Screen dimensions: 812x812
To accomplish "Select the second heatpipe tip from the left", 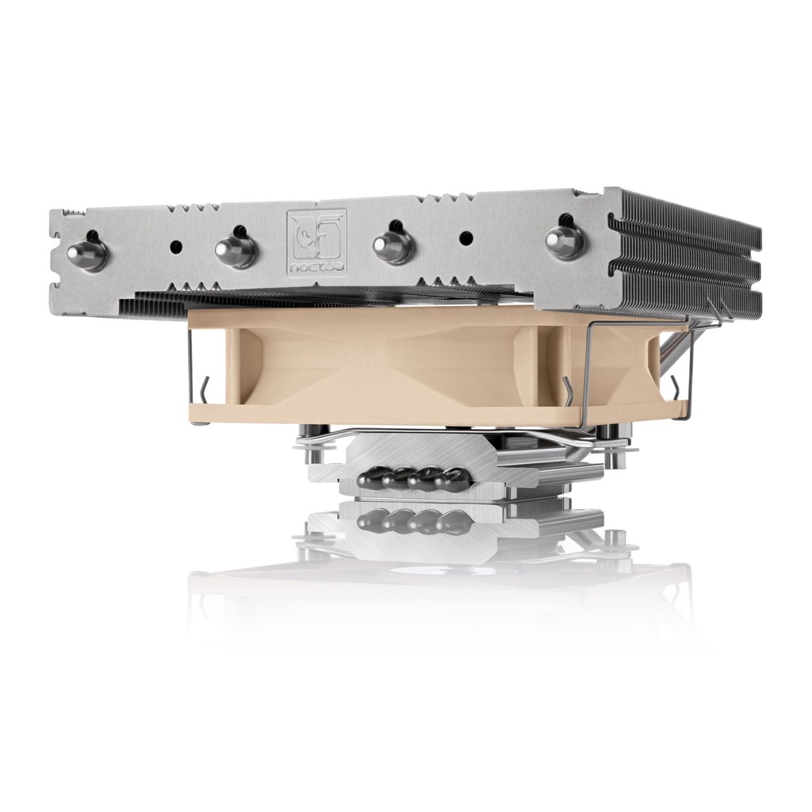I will (236, 249).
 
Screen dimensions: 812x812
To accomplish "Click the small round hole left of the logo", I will (177, 247).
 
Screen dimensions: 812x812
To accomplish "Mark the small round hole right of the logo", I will (466, 237).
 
